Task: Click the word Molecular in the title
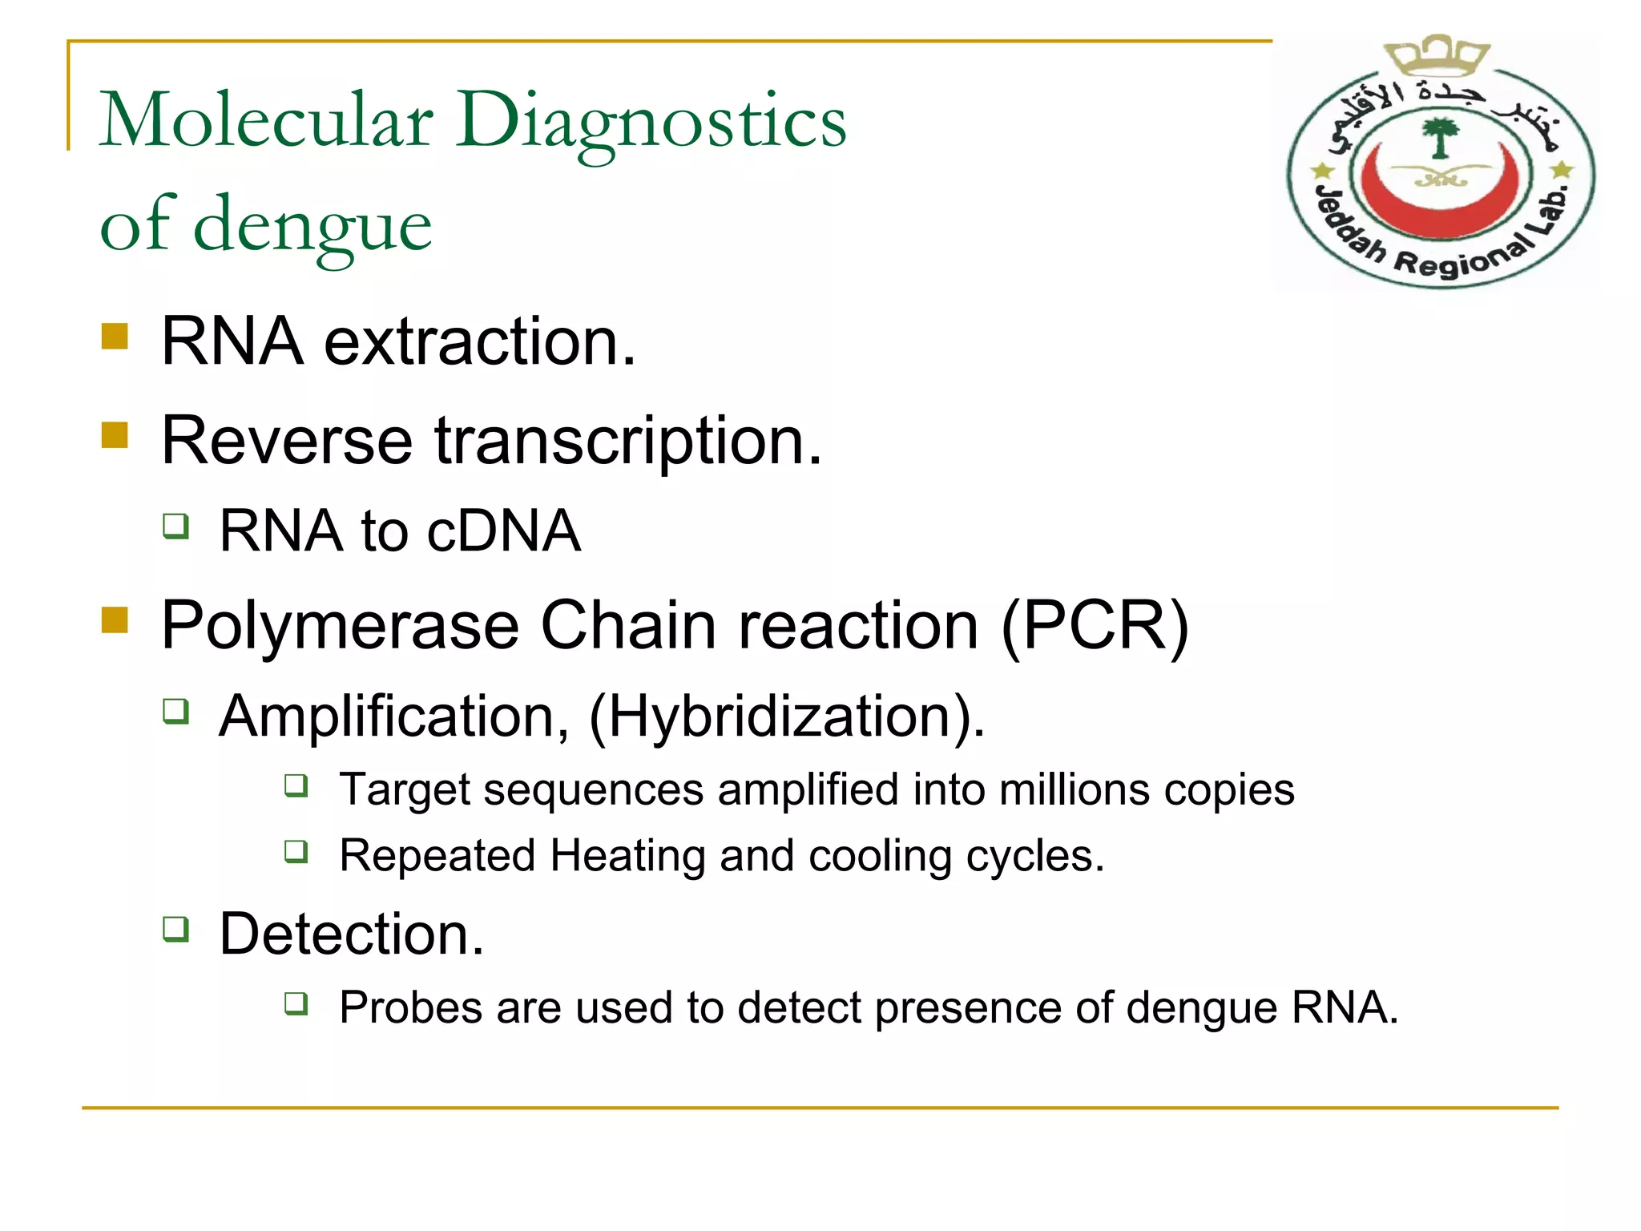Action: tap(266, 121)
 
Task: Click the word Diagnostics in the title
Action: tap(651, 123)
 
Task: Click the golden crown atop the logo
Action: tap(1439, 56)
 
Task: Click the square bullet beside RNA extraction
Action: tap(115, 337)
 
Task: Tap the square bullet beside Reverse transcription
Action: tap(115, 436)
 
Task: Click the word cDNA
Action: tap(504, 531)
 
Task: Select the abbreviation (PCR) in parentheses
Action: tap(1095, 626)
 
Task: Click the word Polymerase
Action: tap(340, 626)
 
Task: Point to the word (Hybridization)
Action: tap(787, 716)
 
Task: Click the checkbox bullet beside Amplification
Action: tap(176, 711)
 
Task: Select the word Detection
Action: tap(351, 934)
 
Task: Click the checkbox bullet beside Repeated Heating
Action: tap(296, 851)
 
